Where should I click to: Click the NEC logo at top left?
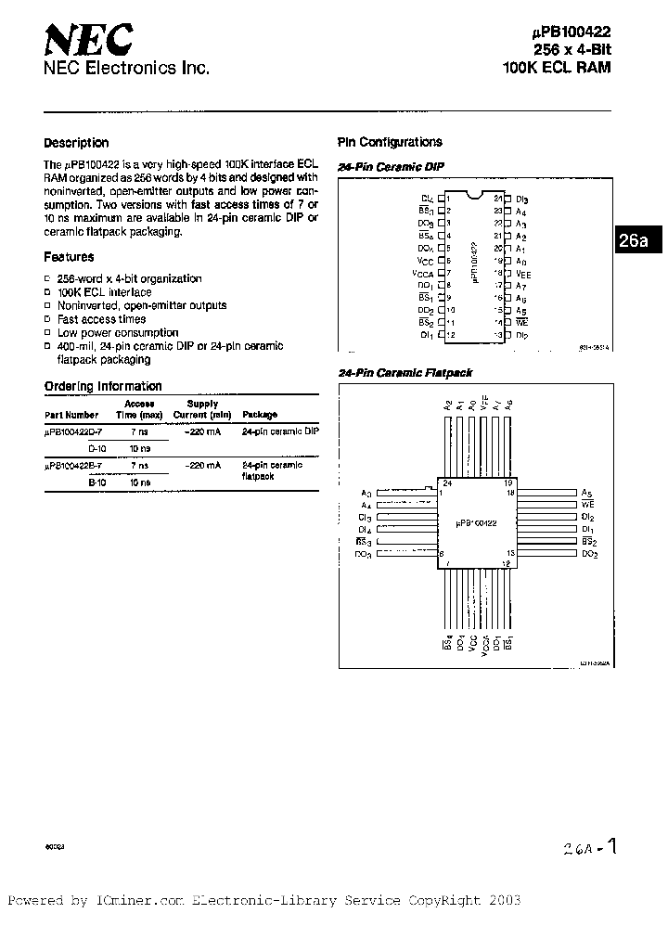[88, 41]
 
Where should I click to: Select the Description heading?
[76, 143]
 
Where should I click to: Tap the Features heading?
[69, 257]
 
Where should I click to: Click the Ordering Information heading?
[103, 386]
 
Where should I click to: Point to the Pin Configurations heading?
[390, 142]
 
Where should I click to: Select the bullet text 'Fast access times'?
[101, 319]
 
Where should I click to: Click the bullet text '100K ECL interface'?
[104, 292]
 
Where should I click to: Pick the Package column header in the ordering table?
[260, 415]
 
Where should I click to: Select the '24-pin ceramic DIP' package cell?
[280, 432]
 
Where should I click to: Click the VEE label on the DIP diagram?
[523, 275]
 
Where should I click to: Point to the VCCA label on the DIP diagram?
[423, 274]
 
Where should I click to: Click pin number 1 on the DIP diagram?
[449, 199]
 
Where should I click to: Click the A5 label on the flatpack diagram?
[586, 493]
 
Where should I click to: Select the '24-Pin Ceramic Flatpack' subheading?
[405, 373]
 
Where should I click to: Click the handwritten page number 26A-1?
[588, 847]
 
